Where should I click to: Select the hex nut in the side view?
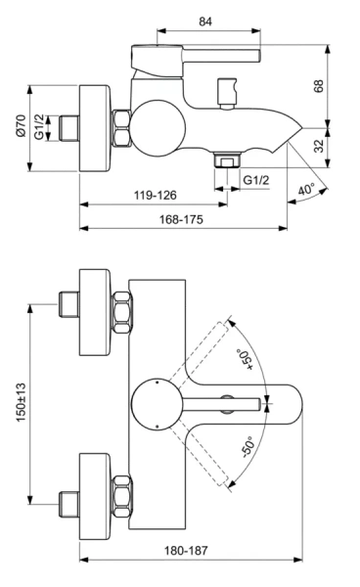pyautogui.click(x=123, y=128)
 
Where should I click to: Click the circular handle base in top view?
pyautogui.click(x=156, y=401)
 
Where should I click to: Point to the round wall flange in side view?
pyautogui.click(x=98, y=128)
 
